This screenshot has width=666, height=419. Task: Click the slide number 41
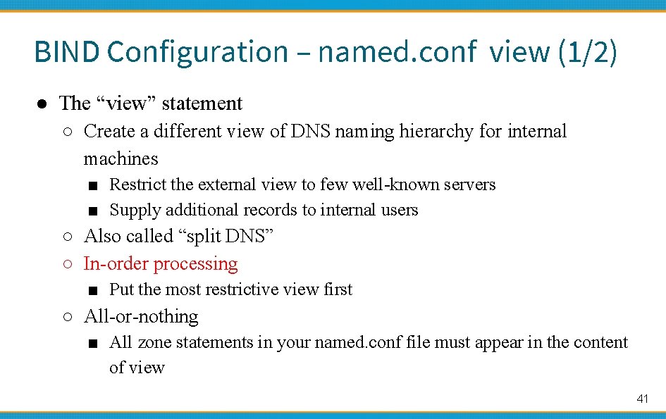tap(641, 399)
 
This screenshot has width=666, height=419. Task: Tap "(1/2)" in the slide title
tap(587, 52)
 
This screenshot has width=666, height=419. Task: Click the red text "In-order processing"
tap(161, 264)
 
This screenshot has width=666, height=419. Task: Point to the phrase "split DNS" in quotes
tap(229, 237)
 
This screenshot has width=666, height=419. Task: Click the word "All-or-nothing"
tap(141, 317)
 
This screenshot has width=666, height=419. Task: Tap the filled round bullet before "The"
tap(42, 104)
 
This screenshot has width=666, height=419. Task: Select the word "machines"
tap(121, 158)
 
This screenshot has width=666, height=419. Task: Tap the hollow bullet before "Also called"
tap(66, 237)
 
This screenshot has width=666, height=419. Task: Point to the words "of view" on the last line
tap(137, 368)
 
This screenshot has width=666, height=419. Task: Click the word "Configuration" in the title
tap(198, 52)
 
